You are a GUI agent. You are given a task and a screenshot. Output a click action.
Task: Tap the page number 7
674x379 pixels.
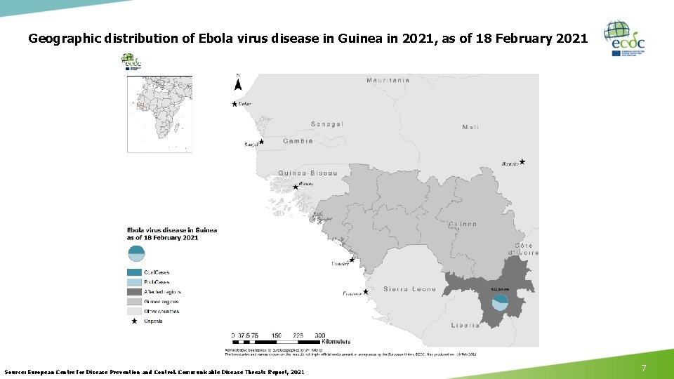coord(642,368)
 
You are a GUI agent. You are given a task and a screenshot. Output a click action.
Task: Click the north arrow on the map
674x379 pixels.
coord(237,84)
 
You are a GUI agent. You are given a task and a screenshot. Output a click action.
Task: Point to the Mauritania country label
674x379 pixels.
coord(388,80)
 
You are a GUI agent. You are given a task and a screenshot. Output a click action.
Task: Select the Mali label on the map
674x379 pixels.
coord(470,127)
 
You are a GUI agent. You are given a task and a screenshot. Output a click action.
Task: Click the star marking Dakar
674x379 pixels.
coord(234,104)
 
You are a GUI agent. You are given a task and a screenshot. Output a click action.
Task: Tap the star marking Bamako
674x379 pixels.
coord(522,161)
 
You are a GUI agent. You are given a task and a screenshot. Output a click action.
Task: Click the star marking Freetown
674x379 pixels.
coord(366,291)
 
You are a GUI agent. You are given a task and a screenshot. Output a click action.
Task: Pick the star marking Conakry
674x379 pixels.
coord(352,260)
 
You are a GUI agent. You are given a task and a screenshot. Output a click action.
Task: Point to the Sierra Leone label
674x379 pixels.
coord(409,289)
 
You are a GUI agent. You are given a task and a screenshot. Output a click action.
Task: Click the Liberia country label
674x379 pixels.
coord(465,325)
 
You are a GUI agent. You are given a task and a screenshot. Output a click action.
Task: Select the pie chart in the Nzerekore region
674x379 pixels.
coord(500,302)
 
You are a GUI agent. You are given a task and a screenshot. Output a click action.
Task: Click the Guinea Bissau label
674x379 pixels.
coord(308,173)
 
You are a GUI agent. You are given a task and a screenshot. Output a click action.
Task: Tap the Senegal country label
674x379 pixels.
coord(327,124)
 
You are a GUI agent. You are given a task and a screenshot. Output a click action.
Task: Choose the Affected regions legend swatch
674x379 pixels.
coord(135,292)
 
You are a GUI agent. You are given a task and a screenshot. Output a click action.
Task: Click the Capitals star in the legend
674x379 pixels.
coord(135,321)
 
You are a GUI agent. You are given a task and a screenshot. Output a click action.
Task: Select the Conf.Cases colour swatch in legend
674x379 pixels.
coord(135,272)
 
